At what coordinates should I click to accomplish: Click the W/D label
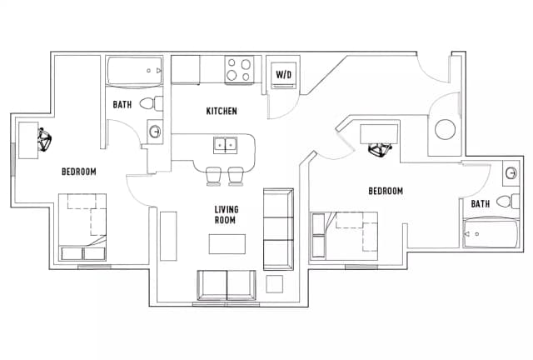[x=283, y=74]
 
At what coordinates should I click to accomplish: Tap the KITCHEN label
[x=222, y=111]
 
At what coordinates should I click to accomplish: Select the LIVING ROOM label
[x=227, y=215]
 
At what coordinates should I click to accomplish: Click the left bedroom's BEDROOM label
[x=79, y=172]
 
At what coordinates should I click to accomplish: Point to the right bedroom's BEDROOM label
[x=386, y=191]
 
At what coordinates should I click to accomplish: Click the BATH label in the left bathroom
[x=122, y=104]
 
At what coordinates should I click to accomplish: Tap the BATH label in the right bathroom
[x=481, y=204]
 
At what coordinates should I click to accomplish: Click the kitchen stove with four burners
[x=239, y=69]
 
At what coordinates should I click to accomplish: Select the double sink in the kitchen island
[x=225, y=145]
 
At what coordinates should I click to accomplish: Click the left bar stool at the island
[x=214, y=177]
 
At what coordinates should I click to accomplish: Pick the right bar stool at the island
[x=236, y=177]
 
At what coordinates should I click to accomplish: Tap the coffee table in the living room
[x=227, y=243]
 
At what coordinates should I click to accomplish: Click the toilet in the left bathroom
[x=152, y=103]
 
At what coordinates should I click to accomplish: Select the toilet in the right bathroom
[x=508, y=201]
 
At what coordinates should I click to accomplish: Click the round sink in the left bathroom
[x=155, y=131]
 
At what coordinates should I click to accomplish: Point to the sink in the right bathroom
[x=511, y=172]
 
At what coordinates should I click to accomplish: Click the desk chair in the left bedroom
[x=44, y=139]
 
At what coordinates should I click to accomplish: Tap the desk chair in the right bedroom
[x=381, y=149]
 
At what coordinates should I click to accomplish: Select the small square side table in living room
[x=274, y=284]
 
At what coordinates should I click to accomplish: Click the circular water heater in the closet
[x=446, y=130]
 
